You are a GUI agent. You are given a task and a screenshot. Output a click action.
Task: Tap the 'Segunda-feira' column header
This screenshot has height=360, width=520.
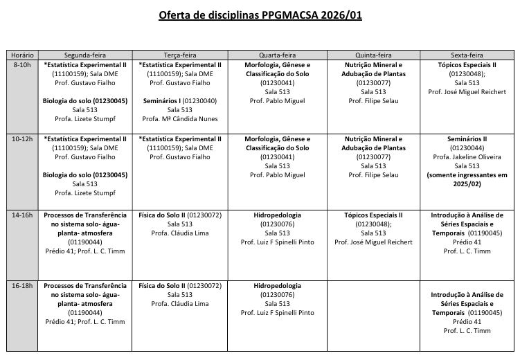click(85, 55)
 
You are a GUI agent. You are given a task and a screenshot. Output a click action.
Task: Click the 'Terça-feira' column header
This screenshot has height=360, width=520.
click(180, 55)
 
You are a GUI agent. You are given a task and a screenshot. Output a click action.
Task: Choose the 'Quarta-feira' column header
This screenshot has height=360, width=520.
click(277, 55)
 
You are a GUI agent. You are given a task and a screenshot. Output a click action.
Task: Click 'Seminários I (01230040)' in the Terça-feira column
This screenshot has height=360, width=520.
click(180, 100)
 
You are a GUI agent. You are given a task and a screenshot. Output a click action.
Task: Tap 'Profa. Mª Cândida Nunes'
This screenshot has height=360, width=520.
click(180, 119)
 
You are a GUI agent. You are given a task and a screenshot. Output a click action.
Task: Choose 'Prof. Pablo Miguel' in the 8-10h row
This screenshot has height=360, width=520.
click(277, 101)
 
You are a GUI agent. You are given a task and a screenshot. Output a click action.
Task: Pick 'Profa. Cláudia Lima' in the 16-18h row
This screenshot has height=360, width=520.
click(180, 303)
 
